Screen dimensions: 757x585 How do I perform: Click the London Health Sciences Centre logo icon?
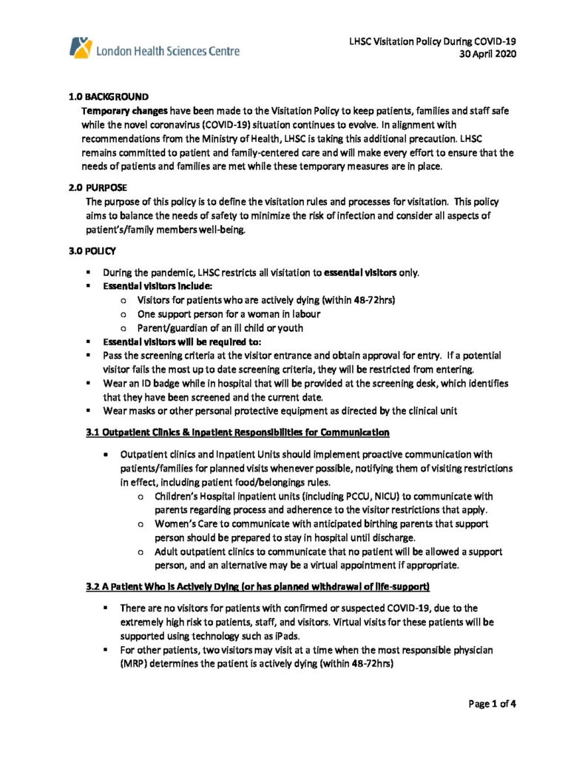[x=80, y=48]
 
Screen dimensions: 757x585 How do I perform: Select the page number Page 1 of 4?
[x=492, y=704]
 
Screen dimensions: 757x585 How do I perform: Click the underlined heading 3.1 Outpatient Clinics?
[x=237, y=432]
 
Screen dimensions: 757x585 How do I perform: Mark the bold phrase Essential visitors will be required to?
[x=172, y=342]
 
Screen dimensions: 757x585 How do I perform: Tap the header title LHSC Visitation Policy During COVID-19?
[x=433, y=41]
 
